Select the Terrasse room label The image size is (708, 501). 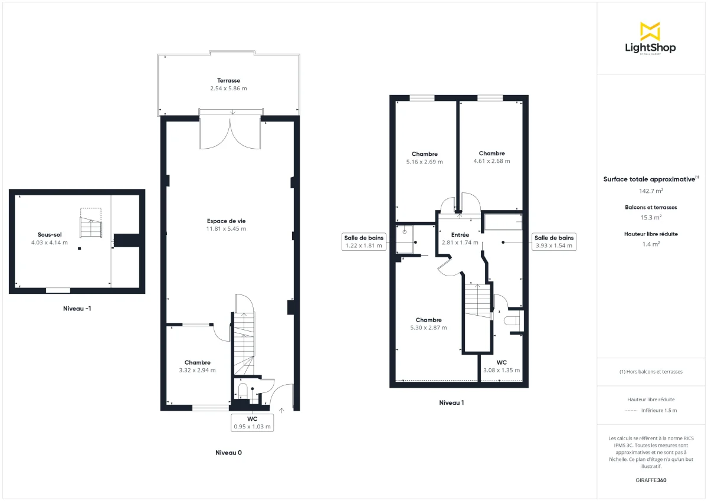coord(228,80)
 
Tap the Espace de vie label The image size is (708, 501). coord(226,221)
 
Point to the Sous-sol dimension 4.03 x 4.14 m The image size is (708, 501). coord(50,243)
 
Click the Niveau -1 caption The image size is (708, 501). coord(77,309)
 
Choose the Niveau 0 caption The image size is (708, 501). coord(228,453)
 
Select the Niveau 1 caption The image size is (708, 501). coord(451,403)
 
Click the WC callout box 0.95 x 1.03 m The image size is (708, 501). coord(252,422)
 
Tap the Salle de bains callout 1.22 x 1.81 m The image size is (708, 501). coord(363,241)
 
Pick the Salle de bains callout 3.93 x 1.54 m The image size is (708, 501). coord(554,241)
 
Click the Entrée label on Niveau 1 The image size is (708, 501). coord(460,235)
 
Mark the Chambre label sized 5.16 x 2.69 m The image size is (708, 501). coord(424,154)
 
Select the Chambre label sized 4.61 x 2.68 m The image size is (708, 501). coord(491,153)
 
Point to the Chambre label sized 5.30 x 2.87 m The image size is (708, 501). coord(428,320)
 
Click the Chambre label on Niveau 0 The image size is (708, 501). coord(197,362)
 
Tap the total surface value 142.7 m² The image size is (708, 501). coord(650,191)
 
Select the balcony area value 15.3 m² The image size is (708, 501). coord(650,217)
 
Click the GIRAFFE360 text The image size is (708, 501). coord(650,480)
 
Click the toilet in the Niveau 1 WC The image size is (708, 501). coord(512,320)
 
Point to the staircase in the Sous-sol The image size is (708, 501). coord(91,226)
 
